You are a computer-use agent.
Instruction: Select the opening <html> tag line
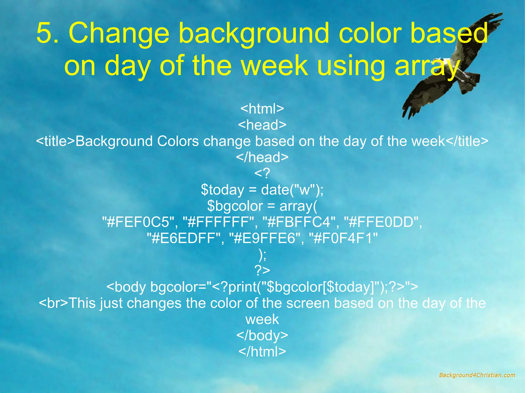click(262, 109)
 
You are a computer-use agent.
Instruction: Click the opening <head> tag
click(262, 125)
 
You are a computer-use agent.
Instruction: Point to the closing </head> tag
click(262, 157)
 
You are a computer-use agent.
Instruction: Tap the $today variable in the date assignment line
click(223, 190)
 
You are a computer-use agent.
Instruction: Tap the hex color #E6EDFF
click(183, 238)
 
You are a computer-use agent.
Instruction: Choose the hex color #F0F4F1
click(343, 238)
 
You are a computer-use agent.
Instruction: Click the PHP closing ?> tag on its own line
click(262, 270)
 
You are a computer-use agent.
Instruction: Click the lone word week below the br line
click(262, 319)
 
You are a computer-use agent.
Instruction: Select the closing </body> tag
click(262, 335)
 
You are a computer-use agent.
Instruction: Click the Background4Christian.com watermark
click(477, 375)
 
